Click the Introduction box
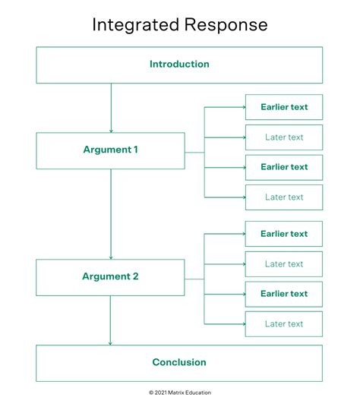179,65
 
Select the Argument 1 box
110,150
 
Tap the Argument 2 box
110,277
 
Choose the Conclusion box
179,363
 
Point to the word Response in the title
226,24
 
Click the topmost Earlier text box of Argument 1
284,107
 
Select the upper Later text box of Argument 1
284,137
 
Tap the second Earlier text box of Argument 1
284,167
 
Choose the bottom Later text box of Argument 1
284,197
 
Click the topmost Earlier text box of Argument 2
284,234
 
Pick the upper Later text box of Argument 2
284,264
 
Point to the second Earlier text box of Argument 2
284,294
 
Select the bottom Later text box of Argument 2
284,324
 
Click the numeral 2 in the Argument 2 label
135,277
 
